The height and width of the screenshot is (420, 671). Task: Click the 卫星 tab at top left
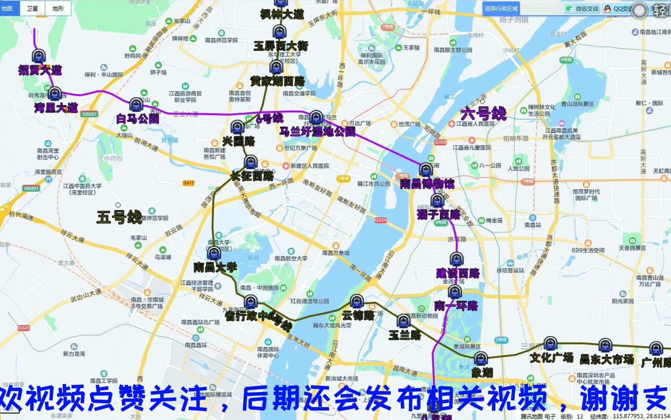point(32,9)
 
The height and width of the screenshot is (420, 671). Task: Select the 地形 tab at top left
point(58,9)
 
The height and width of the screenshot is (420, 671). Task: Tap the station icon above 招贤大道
point(38,56)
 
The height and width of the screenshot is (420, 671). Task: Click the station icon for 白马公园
point(136,105)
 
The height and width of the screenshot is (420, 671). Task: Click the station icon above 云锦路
point(356,301)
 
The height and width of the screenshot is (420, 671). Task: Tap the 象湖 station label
point(482,373)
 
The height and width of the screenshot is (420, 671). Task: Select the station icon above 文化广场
point(550,344)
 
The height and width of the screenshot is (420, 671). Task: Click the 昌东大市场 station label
point(607,359)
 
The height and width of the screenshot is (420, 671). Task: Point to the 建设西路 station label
point(457,273)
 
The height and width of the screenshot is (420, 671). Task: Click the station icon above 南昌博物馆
point(426,170)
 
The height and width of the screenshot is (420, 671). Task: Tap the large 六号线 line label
point(483,114)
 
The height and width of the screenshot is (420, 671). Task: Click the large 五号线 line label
point(119,217)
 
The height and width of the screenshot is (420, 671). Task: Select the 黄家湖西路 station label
point(277,81)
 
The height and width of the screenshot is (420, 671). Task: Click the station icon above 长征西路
point(251,162)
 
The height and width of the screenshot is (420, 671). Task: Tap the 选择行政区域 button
point(501,9)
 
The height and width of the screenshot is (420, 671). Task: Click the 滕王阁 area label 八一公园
point(490,165)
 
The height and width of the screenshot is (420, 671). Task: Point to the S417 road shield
point(188,183)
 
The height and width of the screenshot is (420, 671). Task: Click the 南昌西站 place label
point(196,345)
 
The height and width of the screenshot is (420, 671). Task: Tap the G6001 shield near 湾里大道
point(89,114)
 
